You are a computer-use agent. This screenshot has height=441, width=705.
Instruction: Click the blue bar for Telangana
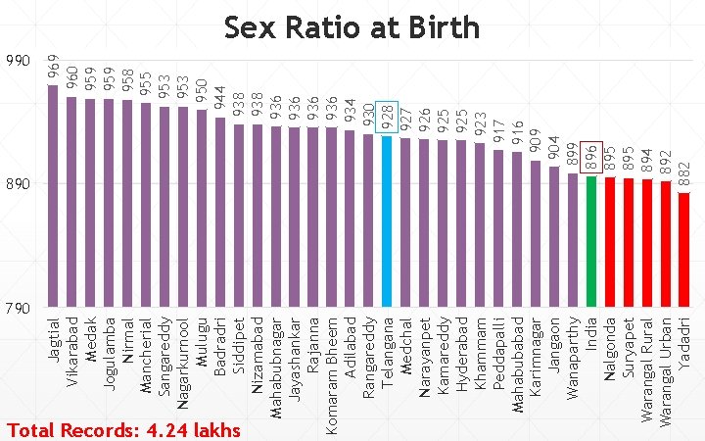[387, 221]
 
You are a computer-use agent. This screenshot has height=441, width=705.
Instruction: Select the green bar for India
[591, 242]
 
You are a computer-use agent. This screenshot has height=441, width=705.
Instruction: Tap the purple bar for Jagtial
[53, 196]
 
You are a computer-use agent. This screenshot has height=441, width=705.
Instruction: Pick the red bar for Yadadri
[683, 250]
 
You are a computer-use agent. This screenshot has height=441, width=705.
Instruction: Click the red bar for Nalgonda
[610, 242]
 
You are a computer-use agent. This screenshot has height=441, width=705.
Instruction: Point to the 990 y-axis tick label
[19, 61]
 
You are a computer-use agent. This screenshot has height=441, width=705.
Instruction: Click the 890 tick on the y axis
[19, 184]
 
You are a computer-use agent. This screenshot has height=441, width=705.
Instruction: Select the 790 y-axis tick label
[19, 309]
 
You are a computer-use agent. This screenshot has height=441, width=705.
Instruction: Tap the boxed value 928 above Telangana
[387, 117]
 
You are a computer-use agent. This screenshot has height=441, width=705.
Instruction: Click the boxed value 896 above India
[591, 157]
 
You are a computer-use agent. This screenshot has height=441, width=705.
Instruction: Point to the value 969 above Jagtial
[54, 70]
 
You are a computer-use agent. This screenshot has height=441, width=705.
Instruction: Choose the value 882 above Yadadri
[683, 176]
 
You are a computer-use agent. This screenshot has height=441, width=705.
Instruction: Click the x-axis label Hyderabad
[462, 353]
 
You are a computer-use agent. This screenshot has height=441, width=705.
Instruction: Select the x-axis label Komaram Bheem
[332, 376]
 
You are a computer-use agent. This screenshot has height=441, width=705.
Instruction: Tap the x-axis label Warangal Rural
[646, 369]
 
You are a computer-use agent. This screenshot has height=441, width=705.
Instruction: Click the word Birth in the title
[444, 27]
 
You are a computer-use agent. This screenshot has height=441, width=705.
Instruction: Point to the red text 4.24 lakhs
[193, 430]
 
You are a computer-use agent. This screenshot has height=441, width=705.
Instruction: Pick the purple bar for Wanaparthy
[573, 240]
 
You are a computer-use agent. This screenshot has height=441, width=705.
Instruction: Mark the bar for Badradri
[220, 213]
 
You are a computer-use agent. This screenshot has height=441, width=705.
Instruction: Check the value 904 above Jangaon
[554, 150]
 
